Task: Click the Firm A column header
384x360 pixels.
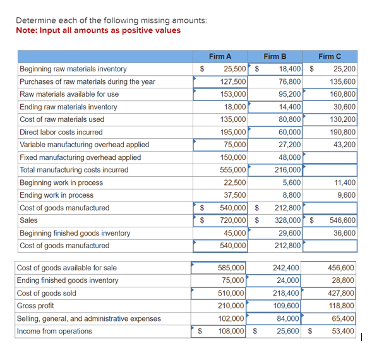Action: (220, 56)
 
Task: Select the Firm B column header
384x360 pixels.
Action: (275, 56)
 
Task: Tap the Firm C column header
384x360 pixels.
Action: (330, 56)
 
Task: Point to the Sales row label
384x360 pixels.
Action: (29, 220)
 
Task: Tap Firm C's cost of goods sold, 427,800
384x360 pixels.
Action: (341, 293)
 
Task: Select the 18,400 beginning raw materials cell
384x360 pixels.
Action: (289, 69)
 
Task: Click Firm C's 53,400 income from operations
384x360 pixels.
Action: (343, 331)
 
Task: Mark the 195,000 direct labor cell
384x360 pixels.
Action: (233, 132)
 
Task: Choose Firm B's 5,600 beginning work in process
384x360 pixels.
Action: (291, 183)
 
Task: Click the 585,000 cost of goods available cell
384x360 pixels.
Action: (231, 268)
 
